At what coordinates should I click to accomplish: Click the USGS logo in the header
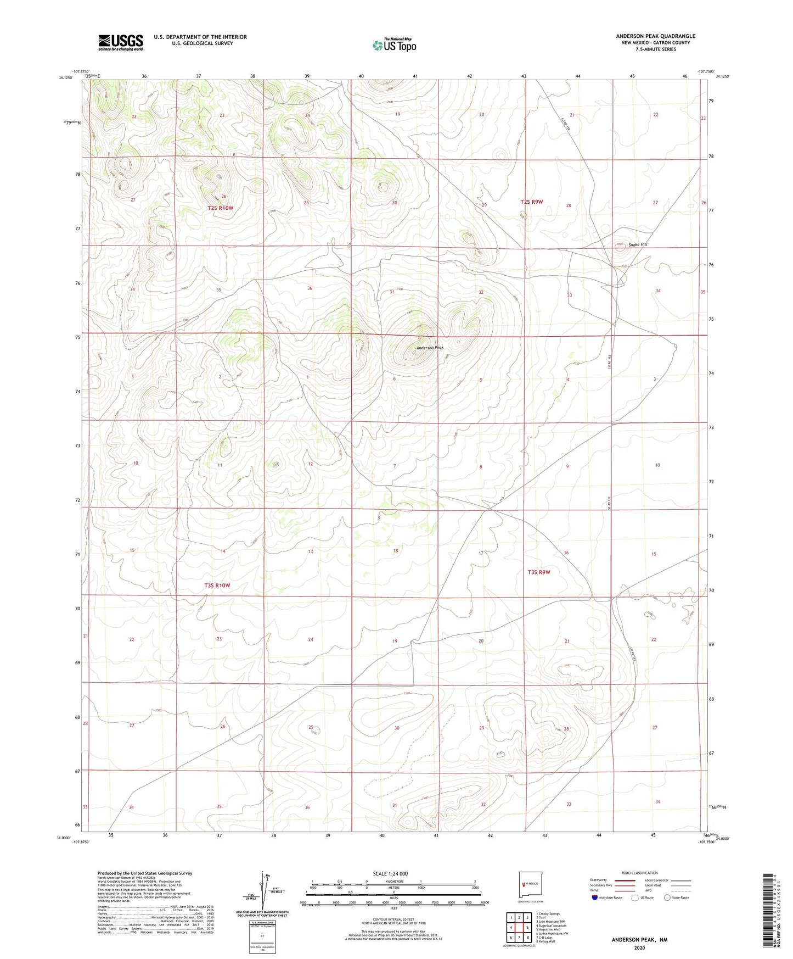coord(121,42)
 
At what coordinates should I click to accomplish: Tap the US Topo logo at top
coord(393,45)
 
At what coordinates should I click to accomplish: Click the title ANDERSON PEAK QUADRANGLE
coord(655,36)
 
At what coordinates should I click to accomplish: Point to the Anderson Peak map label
coord(429,348)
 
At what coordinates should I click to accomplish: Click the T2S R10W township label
coord(221,208)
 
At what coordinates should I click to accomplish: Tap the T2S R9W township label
coord(531,202)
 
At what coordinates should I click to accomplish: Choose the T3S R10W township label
coord(217,586)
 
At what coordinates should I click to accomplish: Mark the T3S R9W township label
coord(538,572)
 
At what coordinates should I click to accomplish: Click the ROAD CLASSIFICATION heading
coord(639,873)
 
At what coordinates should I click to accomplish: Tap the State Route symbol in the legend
coord(667,898)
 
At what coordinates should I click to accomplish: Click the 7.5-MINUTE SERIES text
coord(655,49)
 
